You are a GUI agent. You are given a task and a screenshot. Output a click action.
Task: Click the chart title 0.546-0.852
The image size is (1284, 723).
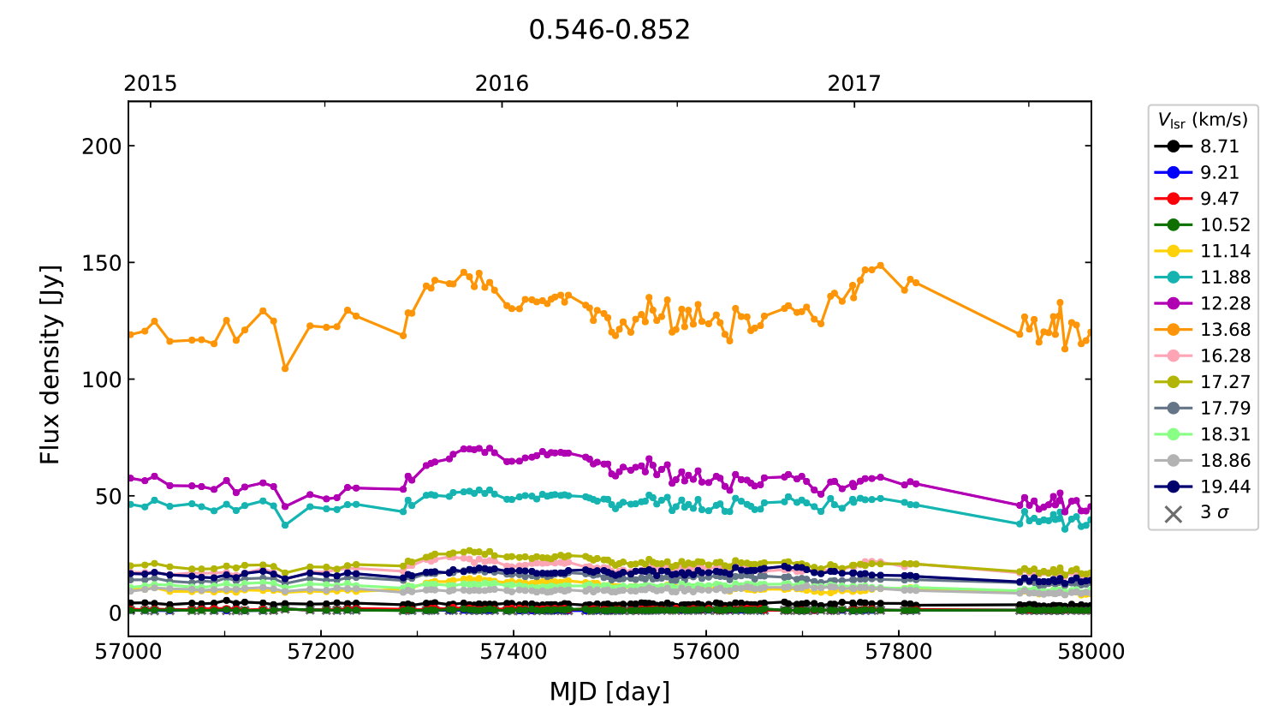tap(609, 30)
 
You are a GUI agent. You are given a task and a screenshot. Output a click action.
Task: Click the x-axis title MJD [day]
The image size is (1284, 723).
tap(609, 691)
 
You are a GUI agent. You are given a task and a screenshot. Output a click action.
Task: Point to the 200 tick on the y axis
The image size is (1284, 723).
tap(101, 146)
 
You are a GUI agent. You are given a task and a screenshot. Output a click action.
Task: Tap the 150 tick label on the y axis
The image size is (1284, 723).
tap(101, 263)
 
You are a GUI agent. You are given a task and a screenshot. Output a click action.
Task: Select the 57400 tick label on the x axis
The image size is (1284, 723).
tap(514, 652)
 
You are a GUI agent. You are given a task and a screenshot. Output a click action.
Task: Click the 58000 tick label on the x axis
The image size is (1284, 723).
tap(1091, 652)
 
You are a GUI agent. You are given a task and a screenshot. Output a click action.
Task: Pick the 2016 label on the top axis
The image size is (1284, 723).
tap(502, 83)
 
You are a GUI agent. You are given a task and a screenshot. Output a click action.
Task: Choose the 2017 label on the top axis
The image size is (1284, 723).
tap(853, 83)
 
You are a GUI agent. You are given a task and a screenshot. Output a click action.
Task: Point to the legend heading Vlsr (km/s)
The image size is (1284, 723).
tap(1203, 120)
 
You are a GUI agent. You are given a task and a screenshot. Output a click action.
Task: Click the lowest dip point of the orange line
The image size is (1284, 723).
tap(285, 368)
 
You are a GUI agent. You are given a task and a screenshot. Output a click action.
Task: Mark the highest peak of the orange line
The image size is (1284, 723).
tap(880, 266)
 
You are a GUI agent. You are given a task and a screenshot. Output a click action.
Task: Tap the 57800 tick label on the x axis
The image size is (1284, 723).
tap(899, 652)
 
